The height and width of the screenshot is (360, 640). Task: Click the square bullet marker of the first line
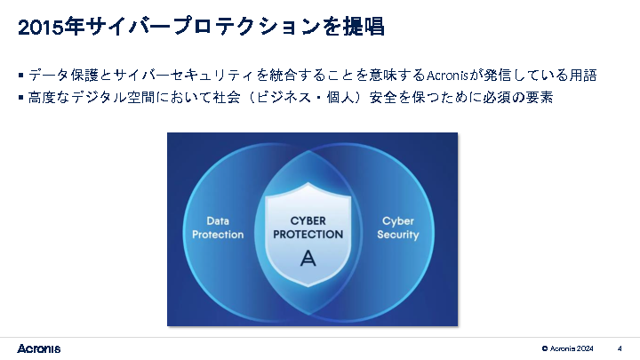pyautogui.click(x=20, y=76)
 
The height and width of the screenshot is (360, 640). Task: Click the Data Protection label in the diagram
pyautogui.click(x=218, y=228)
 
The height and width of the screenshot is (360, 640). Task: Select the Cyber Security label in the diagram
pyautogui.click(x=397, y=228)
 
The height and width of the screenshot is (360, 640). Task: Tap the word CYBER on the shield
pyautogui.click(x=308, y=220)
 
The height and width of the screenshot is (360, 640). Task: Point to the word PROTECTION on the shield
pyautogui.click(x=308, y=235)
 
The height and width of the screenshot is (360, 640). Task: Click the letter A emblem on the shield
pyautogui.click(x=308, y=259)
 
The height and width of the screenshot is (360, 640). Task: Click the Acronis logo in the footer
pyautogui.click(x=39, y=348)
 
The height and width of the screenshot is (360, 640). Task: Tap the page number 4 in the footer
pyautogui.click(x=619, y=348)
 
